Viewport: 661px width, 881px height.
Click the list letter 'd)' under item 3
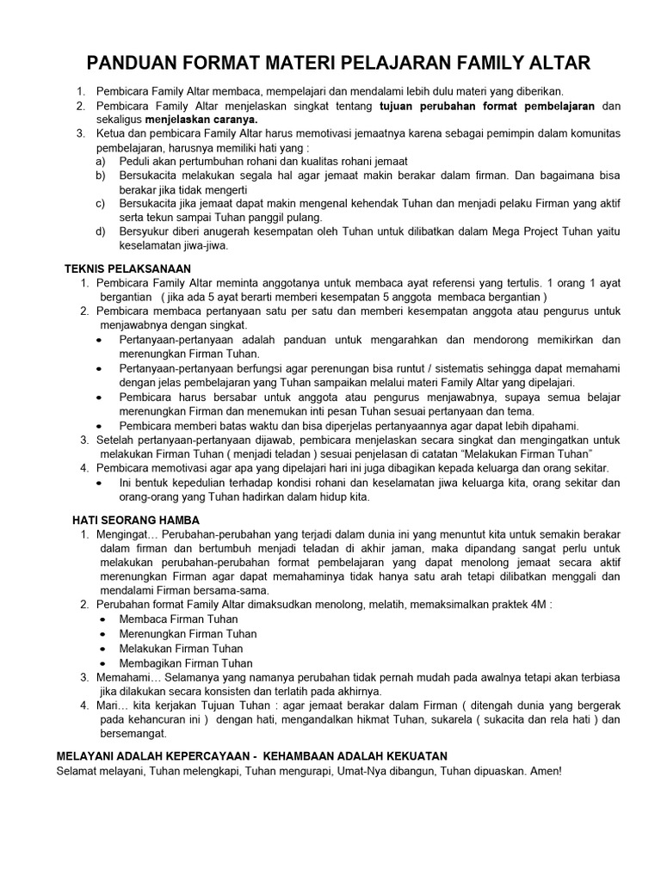click(101, 231)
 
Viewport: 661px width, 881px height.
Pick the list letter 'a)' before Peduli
click(101, 162)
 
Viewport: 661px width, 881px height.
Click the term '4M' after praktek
click(534, 605)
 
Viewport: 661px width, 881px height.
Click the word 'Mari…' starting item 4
click(112, 705)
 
